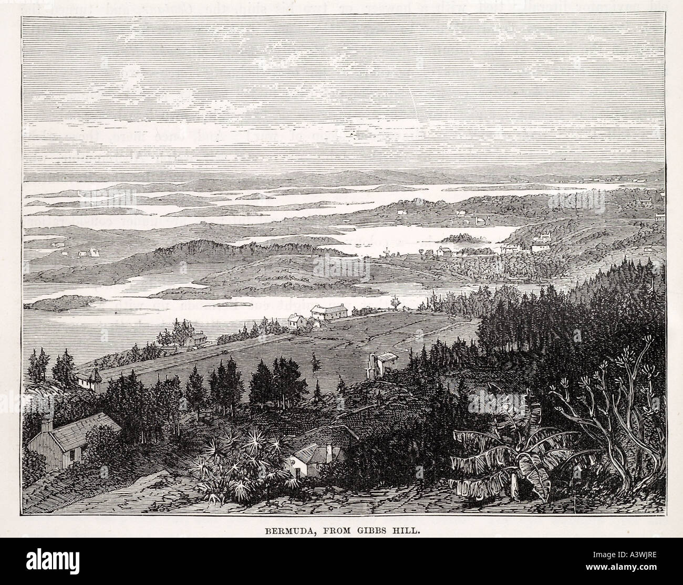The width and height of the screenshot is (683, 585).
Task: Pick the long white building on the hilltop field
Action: pyautogui.click(x=330, y=312)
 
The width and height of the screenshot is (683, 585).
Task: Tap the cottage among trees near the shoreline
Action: pyautogui.click(x=194, y=339)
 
